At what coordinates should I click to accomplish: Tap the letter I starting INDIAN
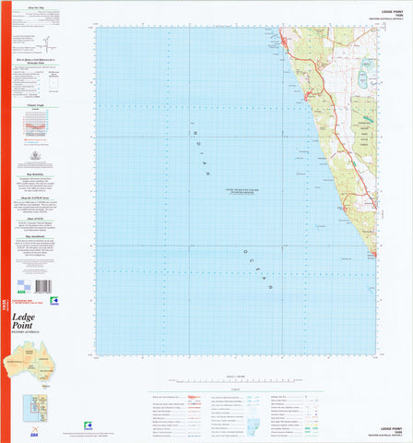(x=190, y=126)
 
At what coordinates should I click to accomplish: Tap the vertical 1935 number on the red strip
(x=4, y=292)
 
